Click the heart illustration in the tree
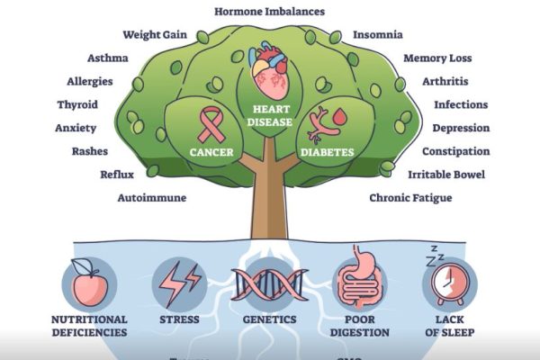click(x=270, y=73)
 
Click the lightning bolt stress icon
click(x=179, y=283)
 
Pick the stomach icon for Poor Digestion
click(x=360, y=283)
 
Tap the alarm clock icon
click(x=447, y=283)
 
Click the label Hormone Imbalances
click(x=270, y=12)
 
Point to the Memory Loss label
click(x=437, y=58)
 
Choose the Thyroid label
click(x=77, y=104)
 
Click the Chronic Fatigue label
click(x=411, y=196)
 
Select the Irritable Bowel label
click(x=448, y=174)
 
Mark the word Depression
click(x=461, y=128)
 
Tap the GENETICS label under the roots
click(x=269, y=319)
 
